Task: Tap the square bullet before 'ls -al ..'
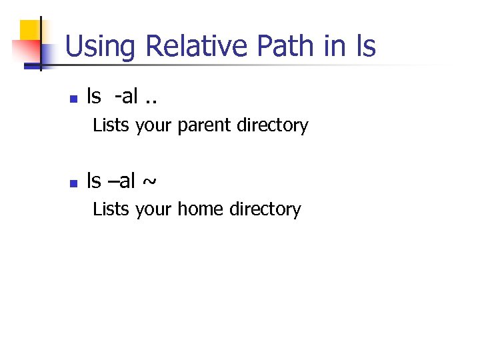pos(74,99)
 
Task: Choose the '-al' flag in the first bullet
pos(126,97)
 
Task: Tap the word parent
pos(207,126)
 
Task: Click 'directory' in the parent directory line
pos(275,126)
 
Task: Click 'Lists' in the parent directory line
pos(111,125)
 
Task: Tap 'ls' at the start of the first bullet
pos(94,97)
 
